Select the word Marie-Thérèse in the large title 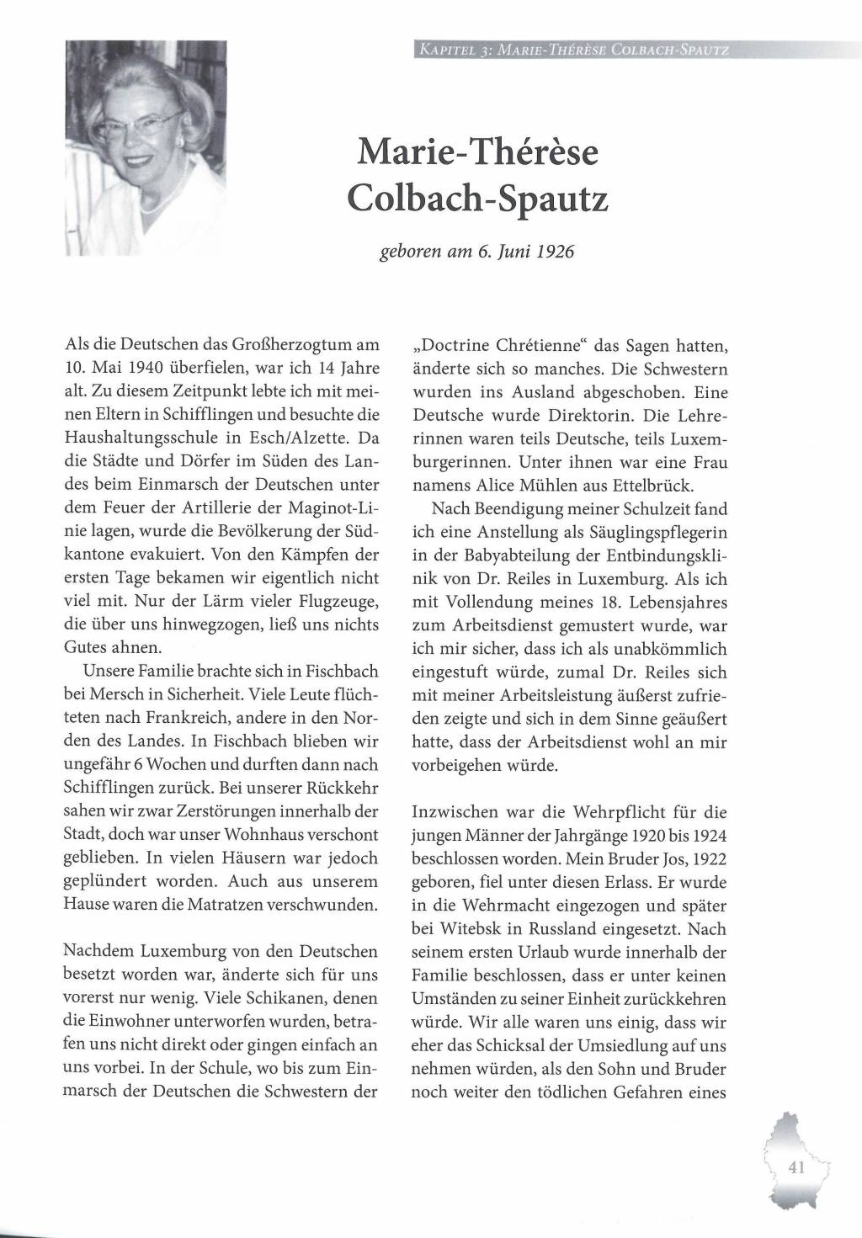(x=477, y=151)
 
